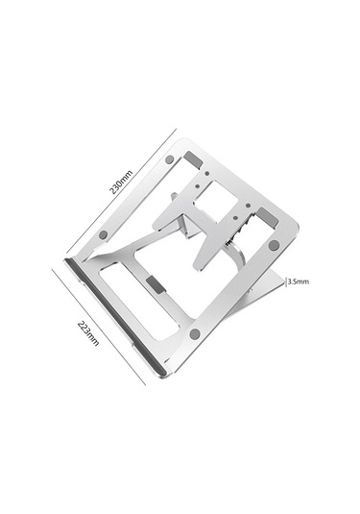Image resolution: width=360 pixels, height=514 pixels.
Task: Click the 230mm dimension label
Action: [x=121, y=183]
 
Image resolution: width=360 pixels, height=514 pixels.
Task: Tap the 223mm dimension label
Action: [x=88, y=333]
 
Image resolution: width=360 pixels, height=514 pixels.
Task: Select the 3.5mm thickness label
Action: [x=299, y=281]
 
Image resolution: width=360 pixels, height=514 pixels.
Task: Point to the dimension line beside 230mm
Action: [x=121, y=191]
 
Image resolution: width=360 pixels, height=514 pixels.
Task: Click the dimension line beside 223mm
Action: [x=99, y=327]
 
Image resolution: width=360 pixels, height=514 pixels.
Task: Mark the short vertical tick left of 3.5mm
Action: [x=286, y=281]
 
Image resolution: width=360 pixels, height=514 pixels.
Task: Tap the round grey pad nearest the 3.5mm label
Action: [x=274, y=245]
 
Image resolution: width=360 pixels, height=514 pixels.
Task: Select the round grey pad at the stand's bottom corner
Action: [x=195, y=334]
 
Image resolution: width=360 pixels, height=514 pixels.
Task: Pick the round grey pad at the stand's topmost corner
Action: [x=169, y=159]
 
